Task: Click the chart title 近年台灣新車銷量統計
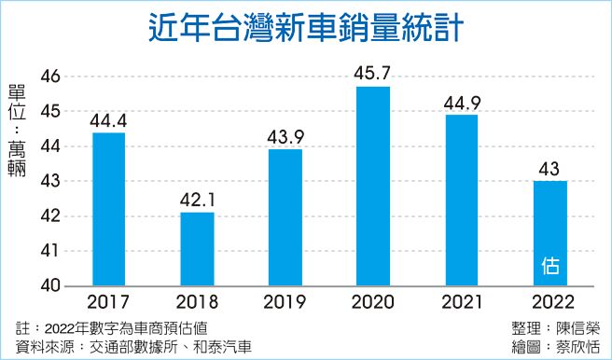(305, 27)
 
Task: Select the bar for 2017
(109, 209)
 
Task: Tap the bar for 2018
(197, 249)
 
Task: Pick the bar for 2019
(285, 217)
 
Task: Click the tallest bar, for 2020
(372, 186)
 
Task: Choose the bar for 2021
(461, 200)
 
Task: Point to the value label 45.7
(372, 72)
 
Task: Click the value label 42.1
(197, 198)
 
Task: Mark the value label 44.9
(461, 101)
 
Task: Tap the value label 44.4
(109, 118)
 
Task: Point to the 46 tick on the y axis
(49, 76)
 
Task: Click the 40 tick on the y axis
(49, 285)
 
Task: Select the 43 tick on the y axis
(49, 181)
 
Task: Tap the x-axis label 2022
(549, 303)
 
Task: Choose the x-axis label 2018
(197, 303)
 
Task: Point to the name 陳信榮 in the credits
(581, 327)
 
